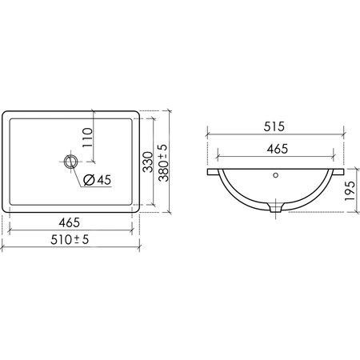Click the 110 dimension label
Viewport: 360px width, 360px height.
[x=87, y=138]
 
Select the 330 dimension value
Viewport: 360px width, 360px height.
[x=147, y=162]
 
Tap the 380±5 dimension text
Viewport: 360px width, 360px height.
[x=163, y=163]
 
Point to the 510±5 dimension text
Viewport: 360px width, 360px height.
[x=70, y=239]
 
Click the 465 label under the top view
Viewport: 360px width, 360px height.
[x=70, y=222]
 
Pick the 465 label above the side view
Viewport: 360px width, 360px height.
[x=278, y=149]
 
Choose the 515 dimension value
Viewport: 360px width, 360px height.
[x=274, y=126]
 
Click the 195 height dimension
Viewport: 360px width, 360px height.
[x=350, y=191]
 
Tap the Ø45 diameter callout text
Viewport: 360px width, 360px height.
[x=97, y=180]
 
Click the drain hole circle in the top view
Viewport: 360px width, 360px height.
[x=70, y=162]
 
